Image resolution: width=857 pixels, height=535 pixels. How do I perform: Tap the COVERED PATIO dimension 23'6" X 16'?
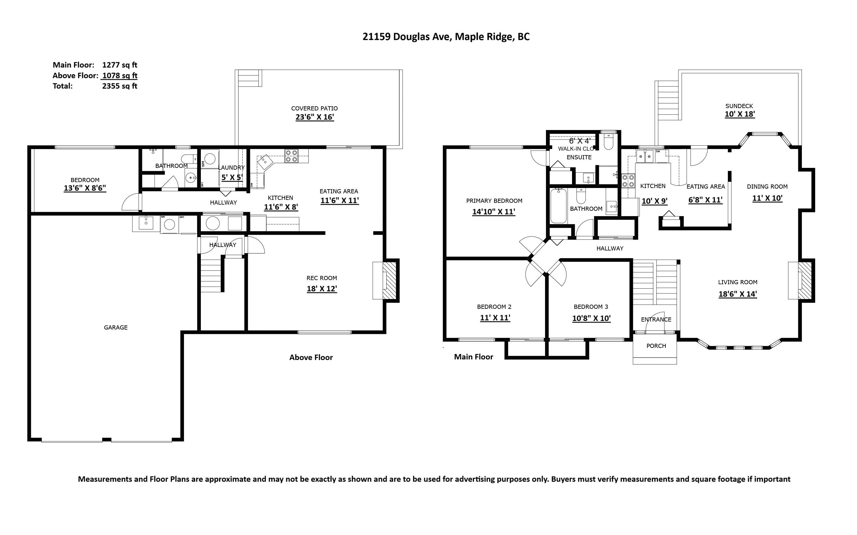click(315, 117)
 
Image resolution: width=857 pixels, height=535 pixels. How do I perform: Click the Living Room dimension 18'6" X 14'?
click(738, 294)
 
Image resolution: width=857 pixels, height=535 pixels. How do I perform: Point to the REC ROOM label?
click(322, 278)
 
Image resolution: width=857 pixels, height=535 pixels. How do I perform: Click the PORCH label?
click(656, 346)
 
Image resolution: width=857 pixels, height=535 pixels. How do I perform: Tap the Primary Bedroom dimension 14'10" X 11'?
click(494, 212)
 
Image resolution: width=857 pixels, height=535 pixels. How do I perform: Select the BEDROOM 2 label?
click(494, 307)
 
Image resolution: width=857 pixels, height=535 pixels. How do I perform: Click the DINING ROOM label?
click(767, 187)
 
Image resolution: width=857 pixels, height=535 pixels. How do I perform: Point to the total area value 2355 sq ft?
click(120, 86)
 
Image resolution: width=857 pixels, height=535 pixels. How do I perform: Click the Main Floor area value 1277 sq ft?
click(120, 65)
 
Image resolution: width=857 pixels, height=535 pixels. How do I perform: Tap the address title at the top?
click(446, 37)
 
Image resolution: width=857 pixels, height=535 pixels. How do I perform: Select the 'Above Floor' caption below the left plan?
click(311, 357)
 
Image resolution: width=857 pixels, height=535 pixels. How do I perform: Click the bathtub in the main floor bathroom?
click(559, 205)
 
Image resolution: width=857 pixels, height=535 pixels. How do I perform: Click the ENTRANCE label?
click(656, 319)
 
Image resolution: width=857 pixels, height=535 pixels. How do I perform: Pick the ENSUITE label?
click(579, 158)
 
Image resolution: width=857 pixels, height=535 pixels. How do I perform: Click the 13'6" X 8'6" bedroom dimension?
click(85, 188)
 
